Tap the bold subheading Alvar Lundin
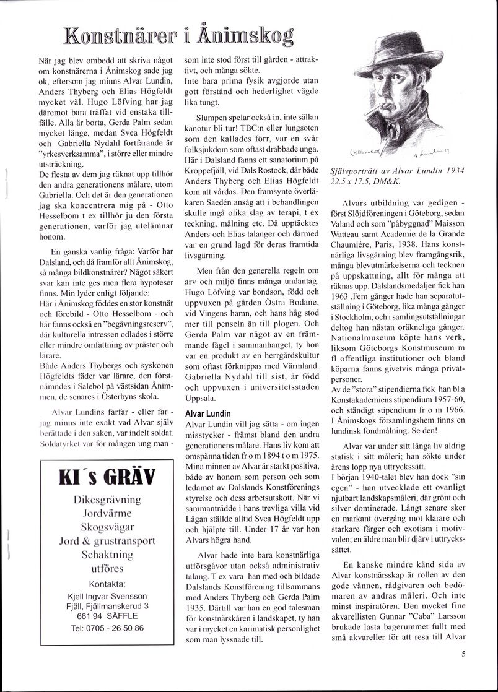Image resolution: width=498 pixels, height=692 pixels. coord(207,413)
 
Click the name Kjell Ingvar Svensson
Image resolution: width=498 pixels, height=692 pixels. coord(107,596)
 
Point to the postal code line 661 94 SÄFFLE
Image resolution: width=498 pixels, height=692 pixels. coord(107,617)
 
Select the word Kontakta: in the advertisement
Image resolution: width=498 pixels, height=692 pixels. coord(107,583)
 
